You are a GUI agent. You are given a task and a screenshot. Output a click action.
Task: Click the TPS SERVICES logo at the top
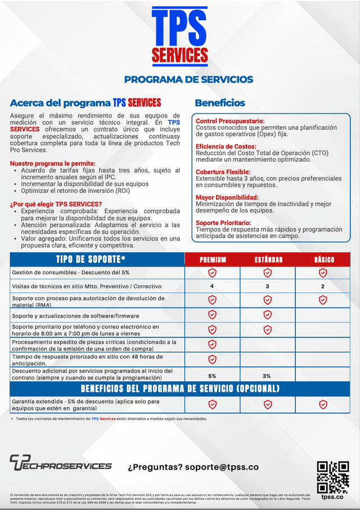(180, 35)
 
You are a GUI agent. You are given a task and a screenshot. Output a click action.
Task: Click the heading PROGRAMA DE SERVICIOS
(188, 79)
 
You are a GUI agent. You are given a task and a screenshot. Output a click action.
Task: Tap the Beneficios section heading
(220, 103)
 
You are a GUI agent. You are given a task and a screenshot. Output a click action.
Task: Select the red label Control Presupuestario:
(229, 121)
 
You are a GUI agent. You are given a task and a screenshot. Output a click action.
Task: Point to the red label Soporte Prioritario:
(223, 223)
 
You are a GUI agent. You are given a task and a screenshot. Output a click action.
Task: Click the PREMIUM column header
(213, 260)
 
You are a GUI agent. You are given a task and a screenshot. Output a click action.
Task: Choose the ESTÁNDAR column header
(268, 260)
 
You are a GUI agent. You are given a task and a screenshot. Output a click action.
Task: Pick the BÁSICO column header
(323, 260)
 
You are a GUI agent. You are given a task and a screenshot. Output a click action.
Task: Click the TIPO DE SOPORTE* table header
(91, 259)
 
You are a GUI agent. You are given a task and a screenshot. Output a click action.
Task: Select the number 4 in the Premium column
(212, 286)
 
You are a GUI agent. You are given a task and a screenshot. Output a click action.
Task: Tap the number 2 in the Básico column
(323, 286)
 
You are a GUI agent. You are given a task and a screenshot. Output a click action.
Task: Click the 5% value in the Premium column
(212, 376)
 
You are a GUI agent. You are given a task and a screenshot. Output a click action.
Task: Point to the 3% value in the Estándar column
(267, 376)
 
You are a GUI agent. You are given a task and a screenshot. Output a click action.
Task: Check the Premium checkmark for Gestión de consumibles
(212, 273)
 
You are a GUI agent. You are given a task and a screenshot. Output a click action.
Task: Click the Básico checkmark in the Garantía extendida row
(323, 404)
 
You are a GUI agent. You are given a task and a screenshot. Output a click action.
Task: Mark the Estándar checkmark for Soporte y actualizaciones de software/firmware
(268, 315)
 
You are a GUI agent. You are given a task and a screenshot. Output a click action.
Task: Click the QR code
(333, 477)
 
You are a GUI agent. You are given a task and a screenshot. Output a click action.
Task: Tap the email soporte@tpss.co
(222, 467)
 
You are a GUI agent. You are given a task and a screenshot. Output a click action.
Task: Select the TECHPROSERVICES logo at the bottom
(60, 463)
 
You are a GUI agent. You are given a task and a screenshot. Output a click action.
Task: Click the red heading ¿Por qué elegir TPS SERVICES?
(56, 204)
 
